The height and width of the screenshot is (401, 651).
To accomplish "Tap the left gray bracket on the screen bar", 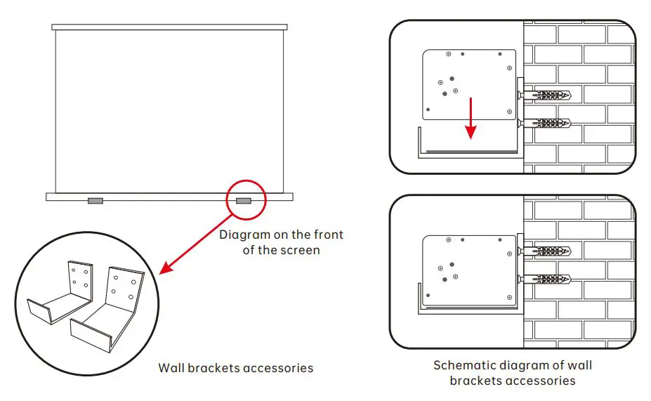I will click(95, 202).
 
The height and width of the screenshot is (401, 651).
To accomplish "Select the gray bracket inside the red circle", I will click(244, 202).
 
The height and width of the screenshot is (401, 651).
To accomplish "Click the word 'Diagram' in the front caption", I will click(243, 235).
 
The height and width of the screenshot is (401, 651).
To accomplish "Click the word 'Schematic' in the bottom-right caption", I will click(462, 365).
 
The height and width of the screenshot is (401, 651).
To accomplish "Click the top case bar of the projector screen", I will click(170, 27).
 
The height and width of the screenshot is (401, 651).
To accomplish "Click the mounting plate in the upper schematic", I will click(469, 84).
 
